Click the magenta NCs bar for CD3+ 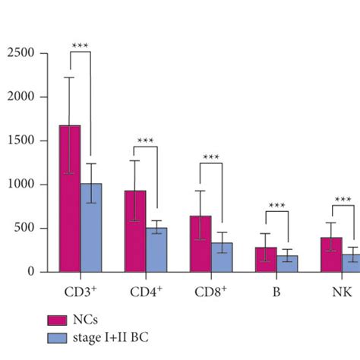click(x=70, y=198)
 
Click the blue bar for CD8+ click(x=222, y=257)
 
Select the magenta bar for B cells click(x=266, y=259)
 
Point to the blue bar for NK click(x=351, y=263)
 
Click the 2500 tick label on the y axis click(x=22, y=53)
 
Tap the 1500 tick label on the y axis click(x=22, y=141)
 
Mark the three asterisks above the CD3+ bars click(x=81, y=46)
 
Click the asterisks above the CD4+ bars click(x=146, y=141)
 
